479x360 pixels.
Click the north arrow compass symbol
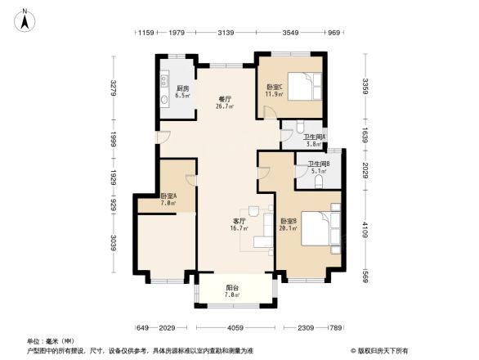click(25, 19)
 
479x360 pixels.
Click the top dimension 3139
click(226, 33)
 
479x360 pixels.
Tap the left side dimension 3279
click(115, 86)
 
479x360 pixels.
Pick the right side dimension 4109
click(365, 222)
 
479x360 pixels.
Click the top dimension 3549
click(290, 33)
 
